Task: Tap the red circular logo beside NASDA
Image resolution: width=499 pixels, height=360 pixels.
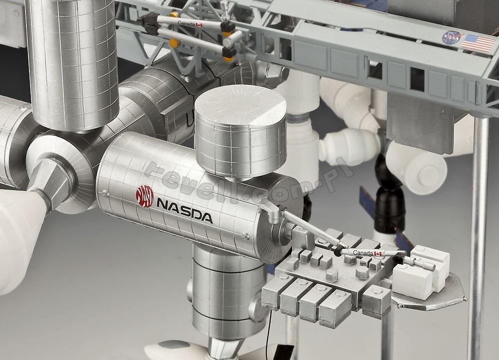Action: click(145, 196)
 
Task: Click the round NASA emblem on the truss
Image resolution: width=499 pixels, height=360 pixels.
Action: click(451, 38)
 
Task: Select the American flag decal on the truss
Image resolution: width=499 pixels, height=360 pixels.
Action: click(478, 43)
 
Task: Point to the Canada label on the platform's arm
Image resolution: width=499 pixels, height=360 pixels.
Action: click(362, 253)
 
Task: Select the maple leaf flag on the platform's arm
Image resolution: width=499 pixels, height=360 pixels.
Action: click(378, 253)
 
